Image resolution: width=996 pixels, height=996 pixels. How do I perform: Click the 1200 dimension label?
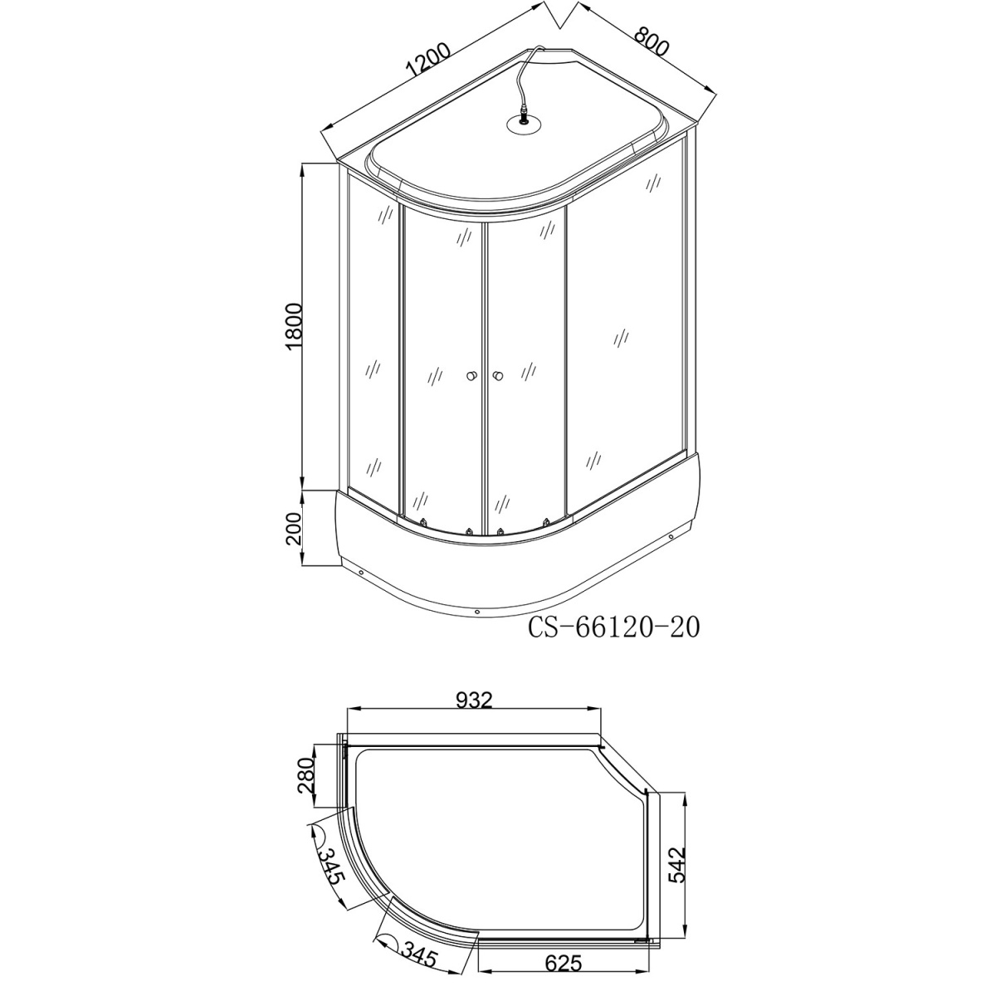[x=429, y=61]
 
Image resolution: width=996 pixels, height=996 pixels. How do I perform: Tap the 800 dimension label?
[x=652, y=41]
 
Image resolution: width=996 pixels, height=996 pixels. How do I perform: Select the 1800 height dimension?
[x=293, y=327]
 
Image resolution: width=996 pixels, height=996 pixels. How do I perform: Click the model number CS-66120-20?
[x=613, y=627]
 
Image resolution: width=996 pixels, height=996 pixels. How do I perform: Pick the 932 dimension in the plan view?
[x=474, y=701]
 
